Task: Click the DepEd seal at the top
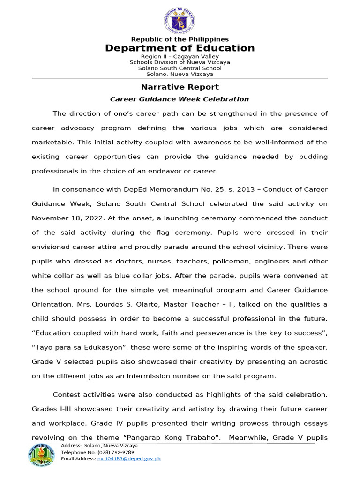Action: [180, 20]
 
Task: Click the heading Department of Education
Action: [180, 48]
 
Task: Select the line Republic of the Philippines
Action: [180, 39]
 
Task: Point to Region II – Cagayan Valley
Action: [180, 56]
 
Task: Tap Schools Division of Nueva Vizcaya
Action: [180, 62]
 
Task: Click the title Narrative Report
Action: [180, 87]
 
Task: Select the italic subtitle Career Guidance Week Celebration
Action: [180, 99]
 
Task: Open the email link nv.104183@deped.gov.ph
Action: [129, 459]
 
